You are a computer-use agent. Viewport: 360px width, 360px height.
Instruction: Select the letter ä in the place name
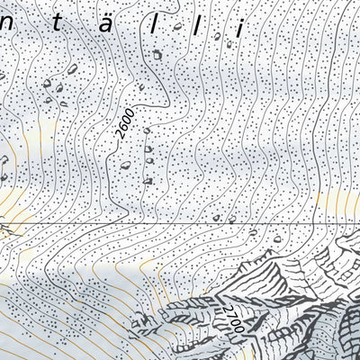(109, 28)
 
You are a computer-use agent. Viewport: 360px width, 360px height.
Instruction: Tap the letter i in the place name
(240, 27)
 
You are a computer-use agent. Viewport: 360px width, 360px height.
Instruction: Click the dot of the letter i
(240, 16)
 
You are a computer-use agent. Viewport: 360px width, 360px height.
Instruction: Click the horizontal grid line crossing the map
(180, 220)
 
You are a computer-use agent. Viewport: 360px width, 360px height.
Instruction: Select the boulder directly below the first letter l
(157, 54)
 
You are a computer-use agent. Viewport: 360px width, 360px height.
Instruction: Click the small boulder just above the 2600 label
(143, 86)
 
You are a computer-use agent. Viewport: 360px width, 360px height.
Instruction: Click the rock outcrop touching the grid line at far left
(7, 227)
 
